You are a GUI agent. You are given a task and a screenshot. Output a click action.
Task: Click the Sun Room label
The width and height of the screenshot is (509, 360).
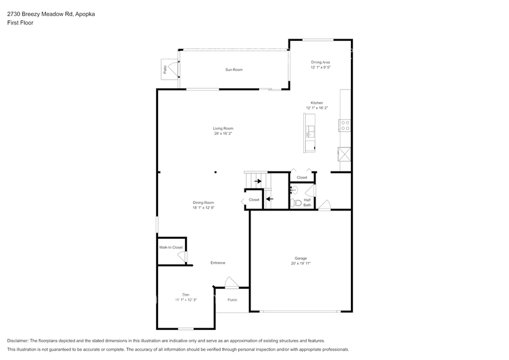point(233,70)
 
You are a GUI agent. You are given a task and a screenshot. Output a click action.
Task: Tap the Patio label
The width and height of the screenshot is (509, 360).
point(165,69)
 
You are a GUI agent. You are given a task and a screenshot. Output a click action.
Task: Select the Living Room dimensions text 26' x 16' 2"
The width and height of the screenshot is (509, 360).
point(223,133)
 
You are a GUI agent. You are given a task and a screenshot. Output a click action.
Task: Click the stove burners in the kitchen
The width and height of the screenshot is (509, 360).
point(345,125)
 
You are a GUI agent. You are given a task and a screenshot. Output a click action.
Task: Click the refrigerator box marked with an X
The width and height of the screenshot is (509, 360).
point(344,154)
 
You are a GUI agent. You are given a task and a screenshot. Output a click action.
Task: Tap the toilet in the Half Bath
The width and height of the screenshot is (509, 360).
point(296,203)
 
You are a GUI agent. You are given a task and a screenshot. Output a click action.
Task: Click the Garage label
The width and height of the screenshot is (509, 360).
point(300,258)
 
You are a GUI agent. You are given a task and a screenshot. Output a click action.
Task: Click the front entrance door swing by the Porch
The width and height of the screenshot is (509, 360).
point(231,282)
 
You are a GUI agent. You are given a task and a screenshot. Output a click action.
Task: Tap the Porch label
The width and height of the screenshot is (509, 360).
point(232,300)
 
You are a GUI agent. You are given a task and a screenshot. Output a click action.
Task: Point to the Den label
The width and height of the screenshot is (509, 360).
point(185,294)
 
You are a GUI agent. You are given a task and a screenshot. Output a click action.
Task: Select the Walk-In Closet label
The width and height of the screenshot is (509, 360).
point(171,247)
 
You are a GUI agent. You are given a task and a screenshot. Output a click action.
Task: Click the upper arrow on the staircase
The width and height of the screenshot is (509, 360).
point(258,181)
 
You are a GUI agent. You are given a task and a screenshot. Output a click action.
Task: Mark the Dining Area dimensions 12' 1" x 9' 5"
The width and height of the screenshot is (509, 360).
point(320,67)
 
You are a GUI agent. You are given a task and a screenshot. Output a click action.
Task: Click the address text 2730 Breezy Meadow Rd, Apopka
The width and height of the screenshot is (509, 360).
point(42,13)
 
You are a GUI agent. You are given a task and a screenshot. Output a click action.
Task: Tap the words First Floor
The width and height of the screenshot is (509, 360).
point(20,23)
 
